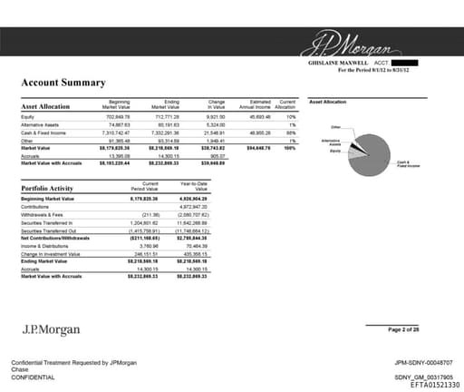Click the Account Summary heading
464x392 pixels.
pyautogui.click(x=63, y=83)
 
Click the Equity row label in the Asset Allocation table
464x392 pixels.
pyautogui.click(x=27, y=117)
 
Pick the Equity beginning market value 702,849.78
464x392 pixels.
pyautogui.click(x=118, y=117)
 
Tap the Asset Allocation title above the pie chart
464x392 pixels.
pyautogui.click(x=327, y=102)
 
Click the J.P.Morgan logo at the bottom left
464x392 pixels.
pyautogui.click(x=47, y=328)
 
